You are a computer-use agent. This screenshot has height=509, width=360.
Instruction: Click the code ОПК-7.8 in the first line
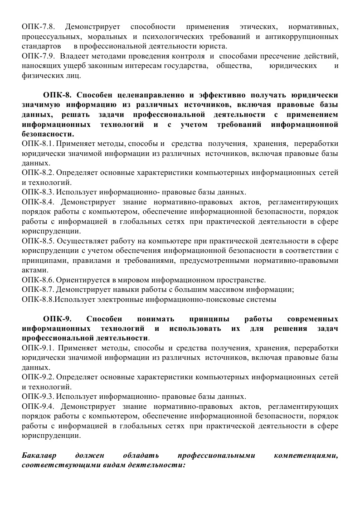(38, 27)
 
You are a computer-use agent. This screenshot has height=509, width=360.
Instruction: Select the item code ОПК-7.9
(38, 56)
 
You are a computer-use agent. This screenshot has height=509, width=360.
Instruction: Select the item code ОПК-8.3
(38, 192)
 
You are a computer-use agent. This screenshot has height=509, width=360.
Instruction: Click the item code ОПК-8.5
(38, 241)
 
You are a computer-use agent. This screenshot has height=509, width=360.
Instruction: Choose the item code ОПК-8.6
(38, 280)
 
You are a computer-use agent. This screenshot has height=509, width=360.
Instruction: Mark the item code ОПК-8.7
(38, 290)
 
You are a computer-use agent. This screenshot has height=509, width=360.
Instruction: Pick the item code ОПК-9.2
(38, 378)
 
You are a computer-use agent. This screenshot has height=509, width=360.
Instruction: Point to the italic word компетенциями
(306, 456)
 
